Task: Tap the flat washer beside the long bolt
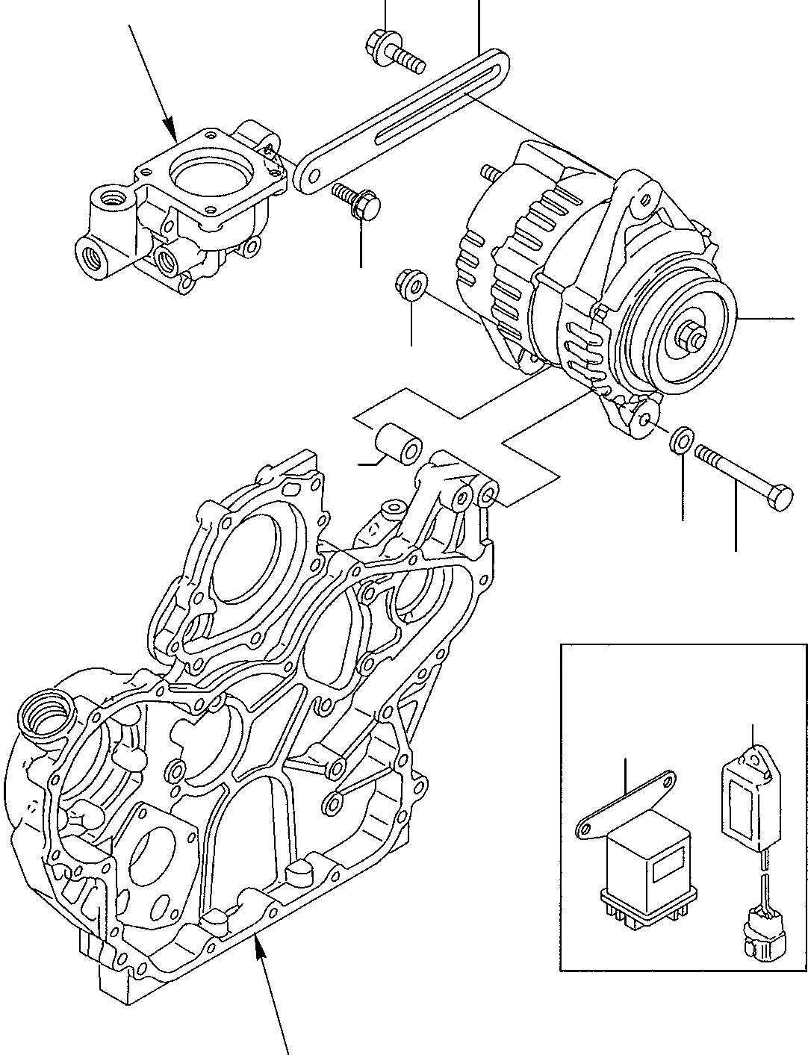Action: pyautogui.click(x=680, y=441)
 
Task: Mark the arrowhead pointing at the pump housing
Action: pyautogui.click(x=170, y=132)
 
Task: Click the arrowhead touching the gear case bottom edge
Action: pyautogui.click(x=258, y=943)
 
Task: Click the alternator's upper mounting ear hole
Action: pyautogui.click(x=639, y=199)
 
